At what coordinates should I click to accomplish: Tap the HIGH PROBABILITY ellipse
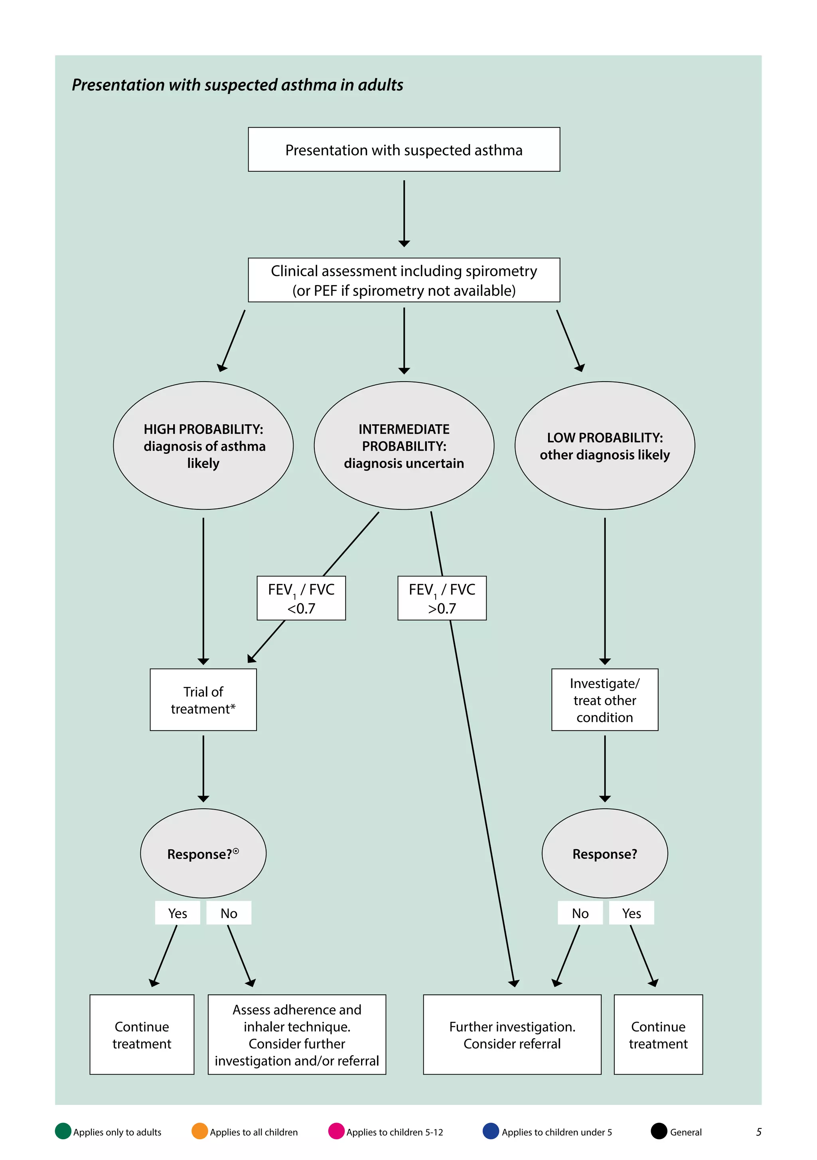click(203, 445)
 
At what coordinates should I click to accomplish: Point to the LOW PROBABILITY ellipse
click(604, 445)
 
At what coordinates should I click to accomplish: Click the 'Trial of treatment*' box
click(203, 699)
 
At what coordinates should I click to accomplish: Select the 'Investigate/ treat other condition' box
click(604, 699)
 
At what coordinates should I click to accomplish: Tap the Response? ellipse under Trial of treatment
click(203, 853)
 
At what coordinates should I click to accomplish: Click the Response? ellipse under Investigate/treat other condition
click(604, 853)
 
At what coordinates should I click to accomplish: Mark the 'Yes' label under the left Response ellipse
click(177, 913)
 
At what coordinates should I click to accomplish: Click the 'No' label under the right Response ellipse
click(580, 913)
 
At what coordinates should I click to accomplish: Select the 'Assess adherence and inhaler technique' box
click(296, 1034)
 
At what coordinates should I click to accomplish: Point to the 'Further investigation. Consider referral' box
click(512, 1034)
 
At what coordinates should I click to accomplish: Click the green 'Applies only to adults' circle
click(63, 1131)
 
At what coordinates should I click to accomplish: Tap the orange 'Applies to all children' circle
click(200, 1131)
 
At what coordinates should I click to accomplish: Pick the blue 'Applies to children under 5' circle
click(491, 1131)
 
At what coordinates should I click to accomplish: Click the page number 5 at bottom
click(758, 1132)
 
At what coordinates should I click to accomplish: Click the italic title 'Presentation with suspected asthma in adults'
click(237, 85)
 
